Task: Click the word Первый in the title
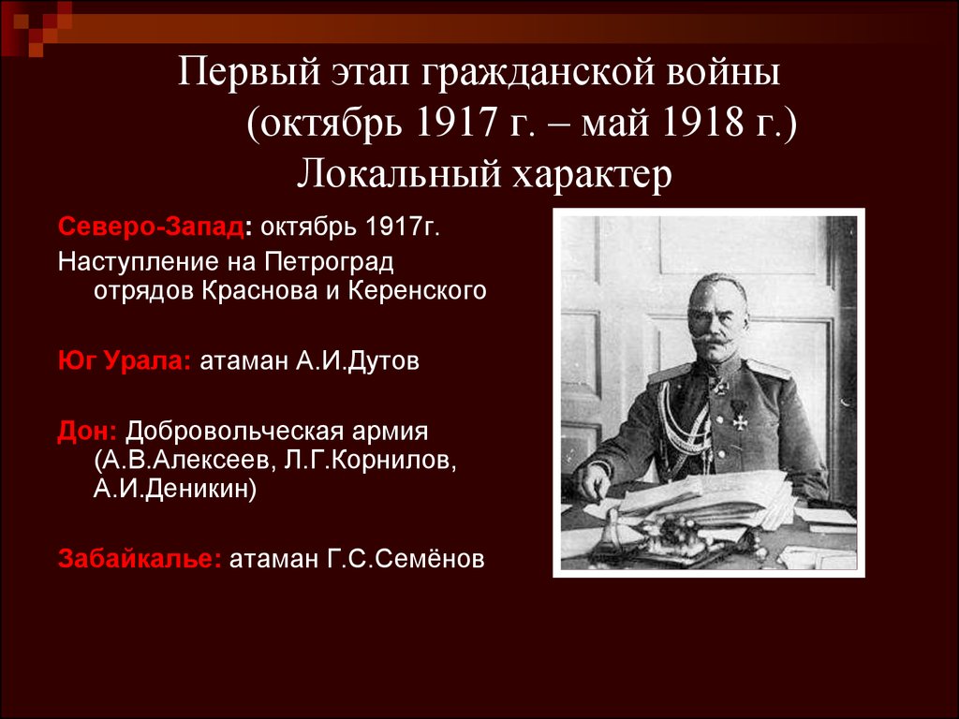tap(249, 73)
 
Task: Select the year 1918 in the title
tap(701, 123)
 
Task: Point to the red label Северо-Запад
tap(151, 227)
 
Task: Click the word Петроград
tap(329, 262)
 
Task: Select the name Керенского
tap(417, 290)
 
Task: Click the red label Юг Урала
tap(125, 360)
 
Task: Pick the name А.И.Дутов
tap(358, 360)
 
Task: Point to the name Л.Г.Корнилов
tap(370, 460)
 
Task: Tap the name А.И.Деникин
tap(175, 488)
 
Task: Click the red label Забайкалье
tap(140, 558)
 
